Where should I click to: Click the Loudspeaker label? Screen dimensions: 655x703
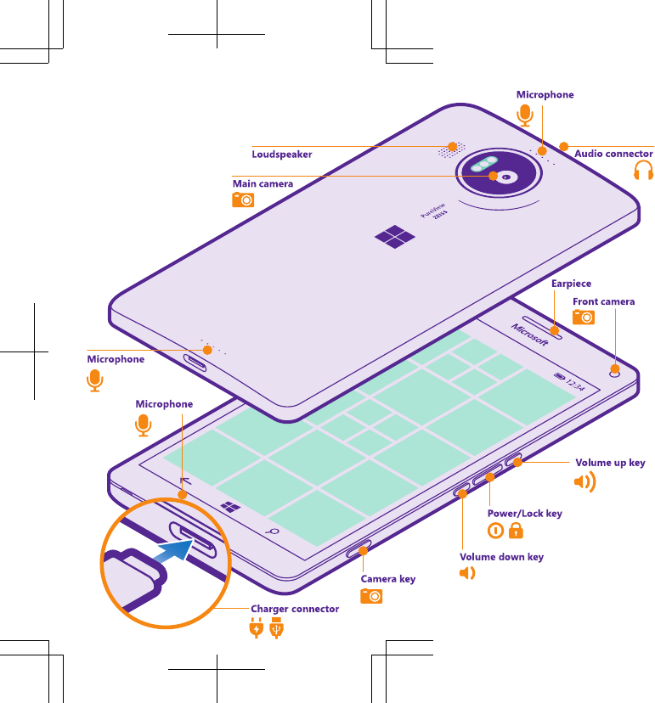[x=281, y=155]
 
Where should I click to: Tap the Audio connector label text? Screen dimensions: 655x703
[x=613, y=154]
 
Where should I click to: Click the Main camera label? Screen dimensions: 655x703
[x=263, y=183]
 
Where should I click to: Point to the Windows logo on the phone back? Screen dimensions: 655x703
[x=395, y=237]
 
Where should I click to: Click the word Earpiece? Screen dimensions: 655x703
[x=571, y=284]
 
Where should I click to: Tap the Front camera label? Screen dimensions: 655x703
[x=603, y=301]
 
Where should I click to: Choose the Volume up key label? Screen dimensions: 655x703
[x=610, y=463]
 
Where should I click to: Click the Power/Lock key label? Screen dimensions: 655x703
[x=524, y=514]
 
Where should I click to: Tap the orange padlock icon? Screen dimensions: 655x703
[x=516, y=531]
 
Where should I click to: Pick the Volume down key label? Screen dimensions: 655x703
[x=501, y=557]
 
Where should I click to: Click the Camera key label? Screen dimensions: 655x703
[x=388, y=579]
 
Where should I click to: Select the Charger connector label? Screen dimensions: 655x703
[x=294, y=609]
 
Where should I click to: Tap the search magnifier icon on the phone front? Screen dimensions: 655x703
[x=274, y=531]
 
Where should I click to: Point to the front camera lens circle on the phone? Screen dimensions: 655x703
[x=614, y=369]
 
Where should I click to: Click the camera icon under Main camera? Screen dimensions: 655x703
[x=243, y=200]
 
